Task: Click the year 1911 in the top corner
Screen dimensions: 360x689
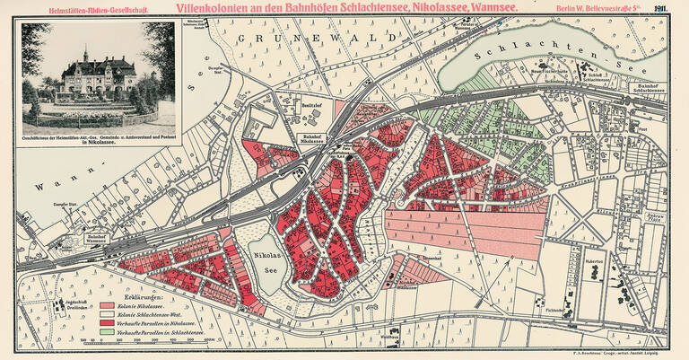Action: coord(671,8)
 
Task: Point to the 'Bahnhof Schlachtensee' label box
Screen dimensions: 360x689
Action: coord(649,89)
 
